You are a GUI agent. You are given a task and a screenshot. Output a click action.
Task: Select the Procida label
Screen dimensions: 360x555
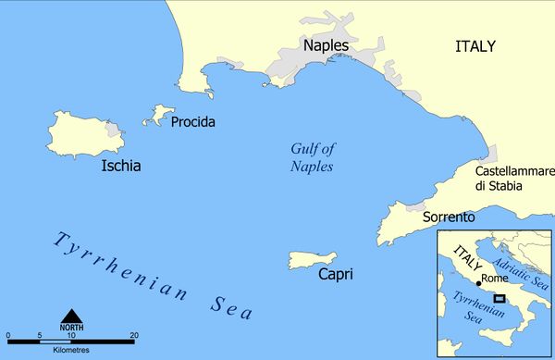pyautogui.click(x=193, y=121)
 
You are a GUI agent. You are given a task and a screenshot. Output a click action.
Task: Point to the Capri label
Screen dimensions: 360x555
pyautogui.click(x=335, y=274)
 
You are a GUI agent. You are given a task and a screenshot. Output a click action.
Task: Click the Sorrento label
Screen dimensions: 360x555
pyautogui.click(x=448, y=217)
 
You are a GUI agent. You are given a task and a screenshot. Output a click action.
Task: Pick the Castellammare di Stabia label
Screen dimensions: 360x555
pyautogui.click(x=513, y=179)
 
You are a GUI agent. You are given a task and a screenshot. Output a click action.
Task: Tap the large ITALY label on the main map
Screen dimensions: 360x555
pyautogui.click(x=475, y=45)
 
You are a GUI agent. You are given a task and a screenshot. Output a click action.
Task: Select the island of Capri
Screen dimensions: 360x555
pyautogui.click(x=313, y=260)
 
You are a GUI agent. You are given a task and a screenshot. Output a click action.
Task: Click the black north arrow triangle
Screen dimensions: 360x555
pyautogui.click(x=71, y=315)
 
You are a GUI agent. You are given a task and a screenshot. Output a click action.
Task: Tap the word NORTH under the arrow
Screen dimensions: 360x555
pyautogui.click(x=71, y=328)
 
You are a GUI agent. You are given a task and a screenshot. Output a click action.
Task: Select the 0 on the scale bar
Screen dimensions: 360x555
pyautogui.click(x=7, y=335)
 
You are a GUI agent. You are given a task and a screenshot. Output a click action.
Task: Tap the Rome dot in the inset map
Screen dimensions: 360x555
pyautogui.click(x=478, y=282)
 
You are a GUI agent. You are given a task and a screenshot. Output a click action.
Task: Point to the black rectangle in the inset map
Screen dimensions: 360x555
pyautogui.click(x=499, y=298)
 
